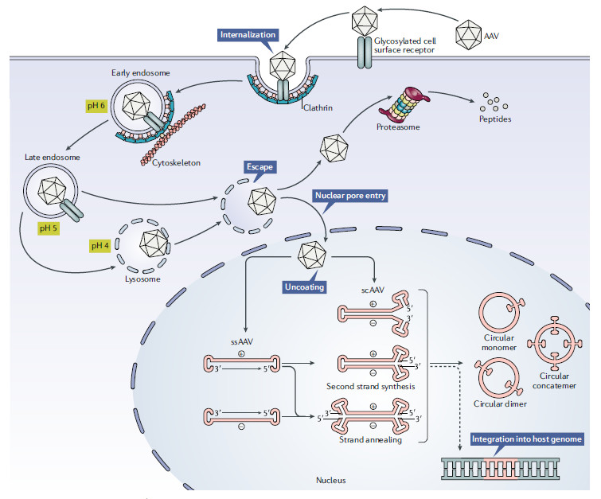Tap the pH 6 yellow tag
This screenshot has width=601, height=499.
click(98, 106)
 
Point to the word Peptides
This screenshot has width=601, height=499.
click(496, 119)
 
